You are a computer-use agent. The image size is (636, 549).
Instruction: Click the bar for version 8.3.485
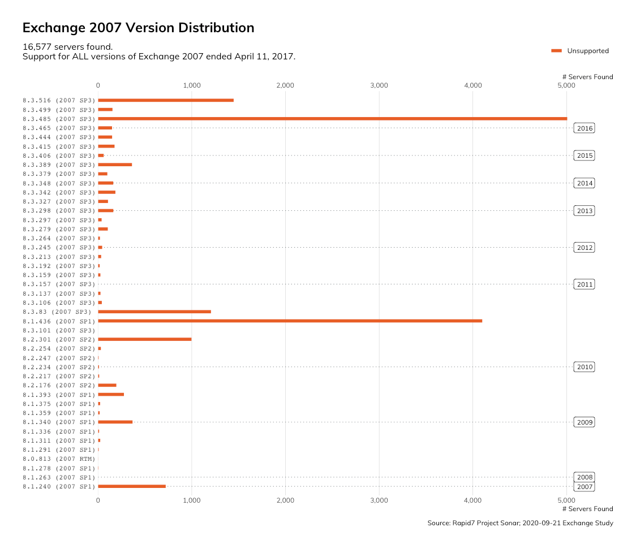332,119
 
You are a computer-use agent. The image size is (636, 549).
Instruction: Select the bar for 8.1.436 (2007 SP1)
290,321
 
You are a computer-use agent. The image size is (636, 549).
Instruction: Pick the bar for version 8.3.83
154,312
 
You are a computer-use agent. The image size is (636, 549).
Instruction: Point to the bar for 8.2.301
144,339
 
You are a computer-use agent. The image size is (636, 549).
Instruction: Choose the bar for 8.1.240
132,486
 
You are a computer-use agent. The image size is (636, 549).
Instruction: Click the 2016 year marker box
585,128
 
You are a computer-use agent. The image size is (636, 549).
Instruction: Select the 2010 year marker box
585,367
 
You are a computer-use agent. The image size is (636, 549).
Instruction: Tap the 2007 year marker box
585,487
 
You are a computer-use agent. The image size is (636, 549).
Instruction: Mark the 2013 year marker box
585,211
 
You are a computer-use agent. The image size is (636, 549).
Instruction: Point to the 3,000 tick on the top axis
379,85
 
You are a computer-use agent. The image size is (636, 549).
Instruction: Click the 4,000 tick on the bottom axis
472,500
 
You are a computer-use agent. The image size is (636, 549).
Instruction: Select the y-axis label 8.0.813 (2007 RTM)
59,459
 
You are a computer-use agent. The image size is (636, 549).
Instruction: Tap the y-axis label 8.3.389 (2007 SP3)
59,165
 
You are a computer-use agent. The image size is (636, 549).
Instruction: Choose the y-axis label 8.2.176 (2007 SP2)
59,386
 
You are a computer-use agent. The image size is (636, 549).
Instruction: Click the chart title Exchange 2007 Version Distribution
138,28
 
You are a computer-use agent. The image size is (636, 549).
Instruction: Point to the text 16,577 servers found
67,46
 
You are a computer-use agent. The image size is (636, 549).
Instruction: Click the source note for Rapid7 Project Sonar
520,523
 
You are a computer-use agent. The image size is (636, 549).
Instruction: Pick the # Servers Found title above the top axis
587,77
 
